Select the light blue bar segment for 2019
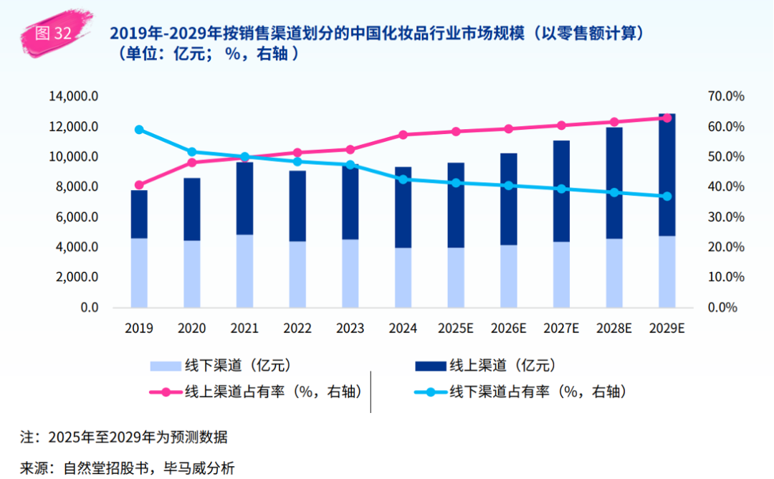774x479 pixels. tap(139, 272)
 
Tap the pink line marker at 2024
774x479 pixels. tap(403, 135)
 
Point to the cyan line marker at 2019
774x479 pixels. tap(139, 130)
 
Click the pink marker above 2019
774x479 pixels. tap(139, 185)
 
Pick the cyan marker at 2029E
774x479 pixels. tap(666, 196)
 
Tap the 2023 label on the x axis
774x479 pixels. tap(350, 328)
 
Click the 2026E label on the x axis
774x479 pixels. tap(508, 328)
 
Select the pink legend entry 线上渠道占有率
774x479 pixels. tap(255, 392)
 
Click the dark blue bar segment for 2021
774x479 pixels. tap(245, 199)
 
